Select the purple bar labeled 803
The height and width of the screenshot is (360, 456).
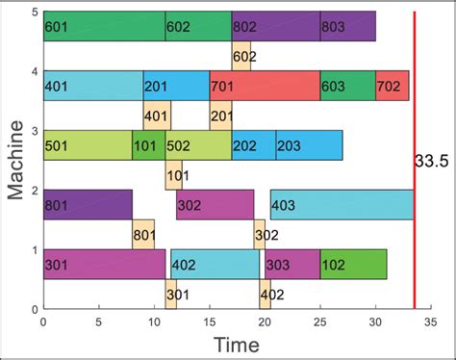point(347,27)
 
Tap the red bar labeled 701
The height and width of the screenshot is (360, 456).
point(265,86)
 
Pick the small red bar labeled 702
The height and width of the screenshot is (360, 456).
point(393,86)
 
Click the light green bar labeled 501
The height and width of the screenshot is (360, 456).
point(88,145)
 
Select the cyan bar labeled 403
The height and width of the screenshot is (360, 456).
point(342,205)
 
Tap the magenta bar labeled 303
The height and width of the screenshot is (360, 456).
point(291,265)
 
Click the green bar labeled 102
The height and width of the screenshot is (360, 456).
point(353,265)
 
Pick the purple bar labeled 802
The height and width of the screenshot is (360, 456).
point(276,27)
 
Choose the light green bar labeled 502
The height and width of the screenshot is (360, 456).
point(198,145)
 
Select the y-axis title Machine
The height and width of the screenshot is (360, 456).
point(17,160)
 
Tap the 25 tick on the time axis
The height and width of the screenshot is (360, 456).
point(320,322)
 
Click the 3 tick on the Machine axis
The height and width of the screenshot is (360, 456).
point(34,131)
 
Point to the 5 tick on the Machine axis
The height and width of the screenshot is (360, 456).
point(34,13)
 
